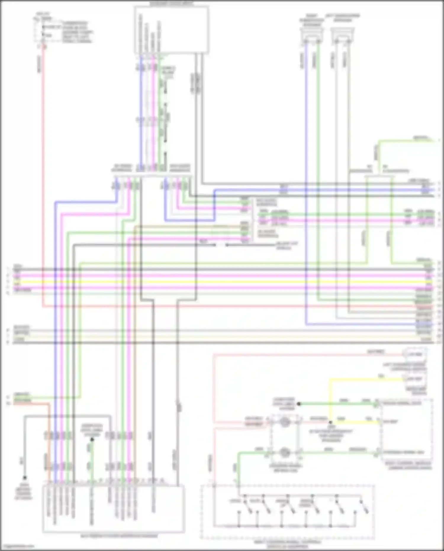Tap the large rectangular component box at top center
coord(172,30)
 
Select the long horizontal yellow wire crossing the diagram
coord(222,282)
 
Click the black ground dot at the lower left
coord(25,478)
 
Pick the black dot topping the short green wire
coord(92,440)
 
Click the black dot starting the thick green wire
coord(299,404)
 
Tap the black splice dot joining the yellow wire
coord(330,422)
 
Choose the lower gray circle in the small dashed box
coord(285,453)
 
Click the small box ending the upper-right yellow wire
coord(414,379)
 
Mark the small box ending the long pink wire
coord(414,355)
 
